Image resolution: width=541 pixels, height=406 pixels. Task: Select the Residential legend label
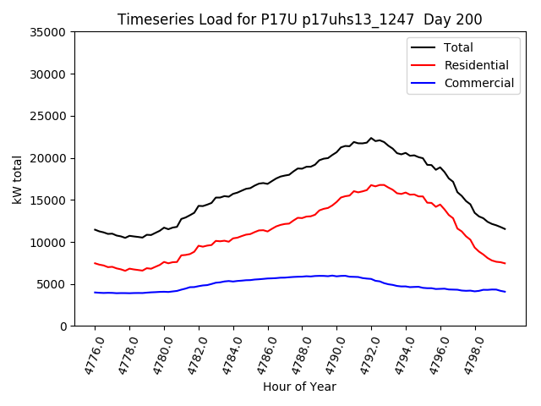[476, 65]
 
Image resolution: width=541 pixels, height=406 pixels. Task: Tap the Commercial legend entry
[478, 83]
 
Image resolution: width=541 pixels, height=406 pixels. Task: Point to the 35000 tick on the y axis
[48, 32]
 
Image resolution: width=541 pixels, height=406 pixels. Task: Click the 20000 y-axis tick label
[48, 158]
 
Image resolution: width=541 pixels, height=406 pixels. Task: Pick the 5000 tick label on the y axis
[52, 284]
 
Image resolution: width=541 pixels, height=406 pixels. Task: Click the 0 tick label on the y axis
[63, 326]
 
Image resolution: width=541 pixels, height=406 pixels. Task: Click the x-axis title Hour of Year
[299, 387]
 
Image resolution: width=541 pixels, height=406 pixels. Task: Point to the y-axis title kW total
[18, 178]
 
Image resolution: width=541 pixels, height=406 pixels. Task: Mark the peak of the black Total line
[371, 138]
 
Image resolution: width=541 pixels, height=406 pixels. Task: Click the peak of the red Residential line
[371, 184]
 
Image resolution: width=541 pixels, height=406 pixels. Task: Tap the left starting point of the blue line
[95, 293]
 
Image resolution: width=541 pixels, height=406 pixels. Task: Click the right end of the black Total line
[505, 229]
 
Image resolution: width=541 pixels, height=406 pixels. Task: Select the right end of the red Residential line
[505, 263]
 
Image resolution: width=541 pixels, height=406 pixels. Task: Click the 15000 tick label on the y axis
[48, 200]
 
